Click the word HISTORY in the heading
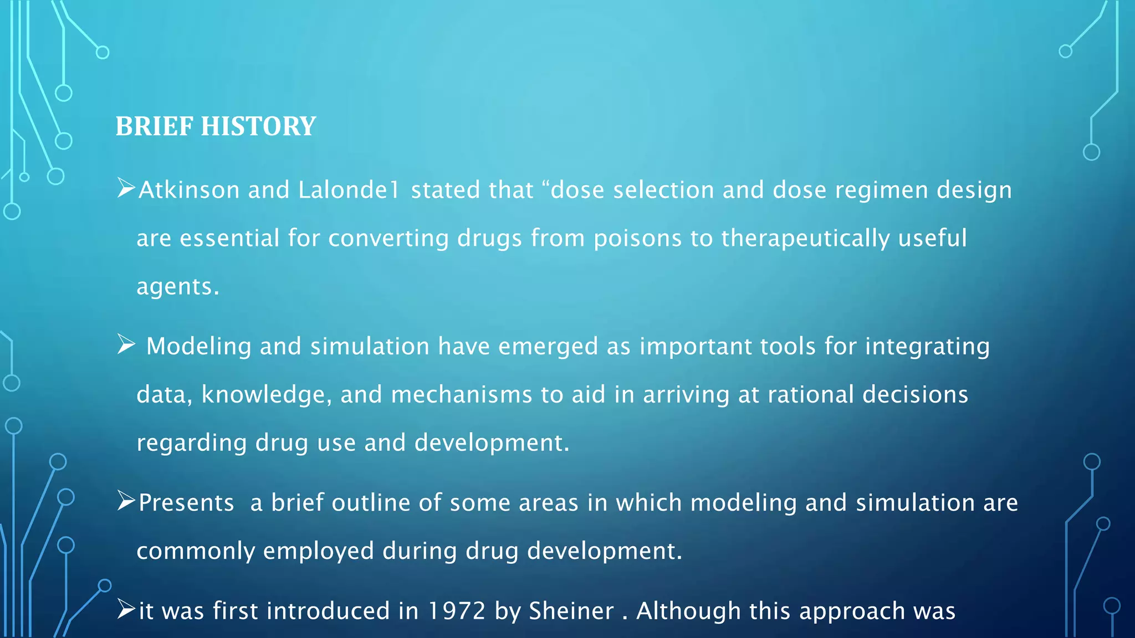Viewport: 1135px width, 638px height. point(258,126)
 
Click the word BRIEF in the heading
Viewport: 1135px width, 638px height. point(154,126)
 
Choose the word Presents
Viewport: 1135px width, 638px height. point(186,503)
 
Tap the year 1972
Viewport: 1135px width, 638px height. point(457,611)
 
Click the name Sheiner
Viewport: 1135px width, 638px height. point(571,611)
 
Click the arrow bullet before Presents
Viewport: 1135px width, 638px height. point(126,501)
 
